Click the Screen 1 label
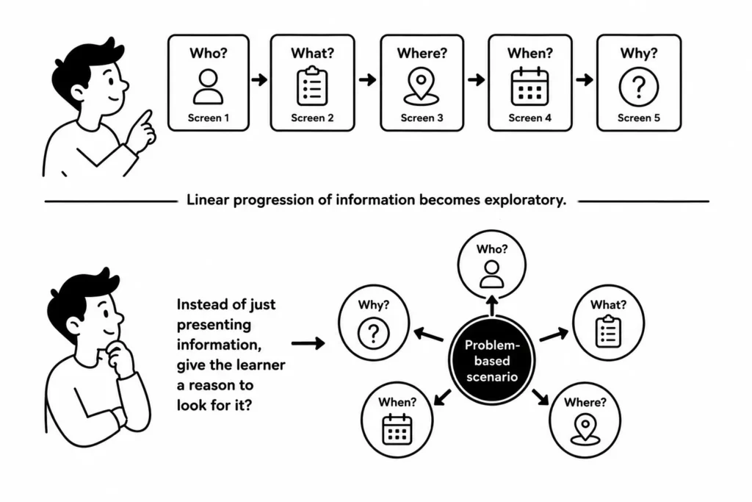pos(208,118)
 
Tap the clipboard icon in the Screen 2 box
pos(312,86)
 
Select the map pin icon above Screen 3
pos(421,87)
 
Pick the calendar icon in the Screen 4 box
pos(529,87)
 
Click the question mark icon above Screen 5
pos(638,87)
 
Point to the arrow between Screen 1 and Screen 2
pos(259,79)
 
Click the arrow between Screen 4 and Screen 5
pos(584,79)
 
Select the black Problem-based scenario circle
pos(491,360)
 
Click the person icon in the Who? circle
pos(491,273)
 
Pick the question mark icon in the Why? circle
pos(374,333)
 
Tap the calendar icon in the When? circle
pos(397,429)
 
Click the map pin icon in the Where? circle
pos(585,429)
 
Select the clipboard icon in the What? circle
pos(608,331)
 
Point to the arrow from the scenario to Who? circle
pos(491,306)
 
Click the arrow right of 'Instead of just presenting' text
pos(308,343)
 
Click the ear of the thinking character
pos(73,327)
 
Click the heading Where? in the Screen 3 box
pos(422,53)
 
